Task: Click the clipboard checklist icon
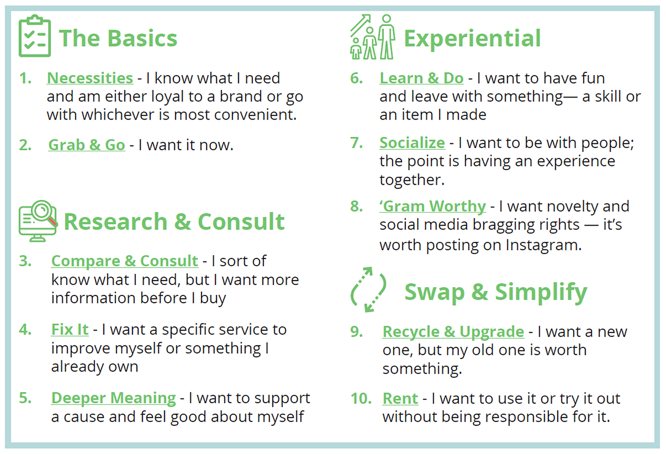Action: pos(35,36)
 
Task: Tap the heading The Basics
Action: pos(118,38)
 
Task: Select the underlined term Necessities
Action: pos(90,79)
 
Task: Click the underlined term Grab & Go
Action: pos(87,145)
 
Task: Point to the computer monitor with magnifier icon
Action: pos(38,221)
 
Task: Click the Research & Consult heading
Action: pos(174,222)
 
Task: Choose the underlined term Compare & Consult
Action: pos(125,261)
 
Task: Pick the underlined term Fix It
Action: pos(70,330)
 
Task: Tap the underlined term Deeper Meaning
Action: pos(113,398)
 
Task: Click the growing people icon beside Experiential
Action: pos(372,37)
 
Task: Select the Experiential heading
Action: pos(472,39)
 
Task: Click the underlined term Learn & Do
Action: pos(421,79)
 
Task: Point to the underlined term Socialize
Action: pos(412,143)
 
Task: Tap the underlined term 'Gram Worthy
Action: pos(433,206)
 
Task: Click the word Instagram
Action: pos(543,245)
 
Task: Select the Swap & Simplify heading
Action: pos(496,292)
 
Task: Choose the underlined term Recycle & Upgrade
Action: pos(453,332)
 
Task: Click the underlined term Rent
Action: pos(400,399)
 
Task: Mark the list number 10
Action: pos(361,399)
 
